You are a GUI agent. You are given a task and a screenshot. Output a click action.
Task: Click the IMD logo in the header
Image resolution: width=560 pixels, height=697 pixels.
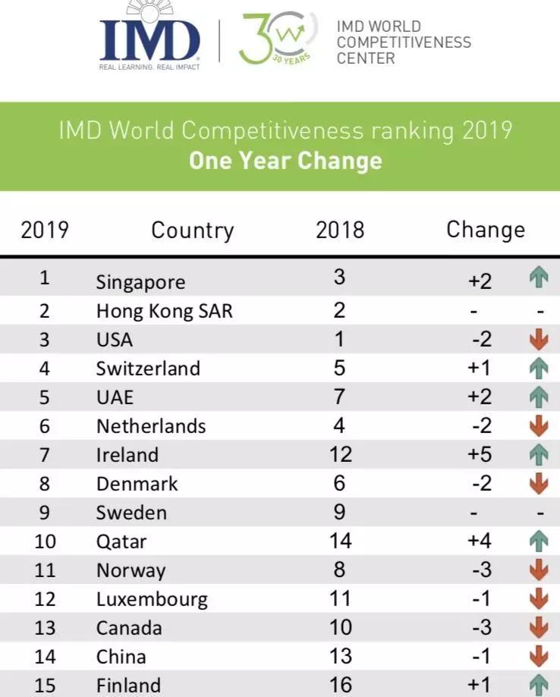coord(149,39)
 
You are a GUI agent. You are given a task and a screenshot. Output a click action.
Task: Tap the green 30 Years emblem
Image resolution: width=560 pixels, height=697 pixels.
coord(275,38)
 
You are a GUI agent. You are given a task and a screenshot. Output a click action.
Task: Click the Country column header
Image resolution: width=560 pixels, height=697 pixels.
coord(192,230)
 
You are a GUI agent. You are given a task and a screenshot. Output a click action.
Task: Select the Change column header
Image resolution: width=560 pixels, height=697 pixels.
coord(485,229)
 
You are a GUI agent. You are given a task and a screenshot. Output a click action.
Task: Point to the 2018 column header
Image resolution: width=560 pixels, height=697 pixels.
coord(340,230)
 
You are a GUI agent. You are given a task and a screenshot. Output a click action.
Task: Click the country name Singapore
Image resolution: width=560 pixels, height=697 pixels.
coord(140,282)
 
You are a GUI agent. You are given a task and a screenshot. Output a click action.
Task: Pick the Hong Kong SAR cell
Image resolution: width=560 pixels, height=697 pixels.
coord(164,311)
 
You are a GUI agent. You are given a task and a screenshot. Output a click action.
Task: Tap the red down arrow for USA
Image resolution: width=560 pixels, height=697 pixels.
coord(539,340)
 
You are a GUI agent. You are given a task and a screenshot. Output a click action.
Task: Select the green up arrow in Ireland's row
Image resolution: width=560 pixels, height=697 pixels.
coord(539,455)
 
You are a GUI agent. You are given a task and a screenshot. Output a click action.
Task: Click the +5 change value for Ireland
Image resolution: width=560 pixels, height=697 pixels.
coord(480,455)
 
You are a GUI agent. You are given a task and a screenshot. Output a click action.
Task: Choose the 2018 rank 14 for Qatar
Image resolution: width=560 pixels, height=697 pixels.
coord(340,541)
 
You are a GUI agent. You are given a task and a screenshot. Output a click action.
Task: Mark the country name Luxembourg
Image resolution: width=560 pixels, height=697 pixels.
coord(152,599)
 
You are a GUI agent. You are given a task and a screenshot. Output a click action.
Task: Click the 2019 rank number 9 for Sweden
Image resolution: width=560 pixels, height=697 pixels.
coord(45,513)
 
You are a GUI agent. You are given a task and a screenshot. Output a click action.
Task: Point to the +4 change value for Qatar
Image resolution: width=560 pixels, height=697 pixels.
coord(480,542)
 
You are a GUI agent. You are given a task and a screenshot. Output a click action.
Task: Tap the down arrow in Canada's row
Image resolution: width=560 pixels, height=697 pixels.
coord(539,628)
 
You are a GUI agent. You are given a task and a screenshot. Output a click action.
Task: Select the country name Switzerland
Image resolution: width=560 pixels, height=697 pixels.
coord(148,369)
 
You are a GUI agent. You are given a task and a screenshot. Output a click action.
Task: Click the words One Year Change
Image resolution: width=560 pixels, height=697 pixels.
coord(285,161)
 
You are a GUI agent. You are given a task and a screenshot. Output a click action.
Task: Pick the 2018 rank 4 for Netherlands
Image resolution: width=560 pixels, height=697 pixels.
coord(339,425)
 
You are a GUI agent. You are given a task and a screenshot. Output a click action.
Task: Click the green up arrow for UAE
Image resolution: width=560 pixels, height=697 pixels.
coord(539,397)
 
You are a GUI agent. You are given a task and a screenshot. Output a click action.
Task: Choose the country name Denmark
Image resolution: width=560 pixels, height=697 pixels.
coord(137,484)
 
